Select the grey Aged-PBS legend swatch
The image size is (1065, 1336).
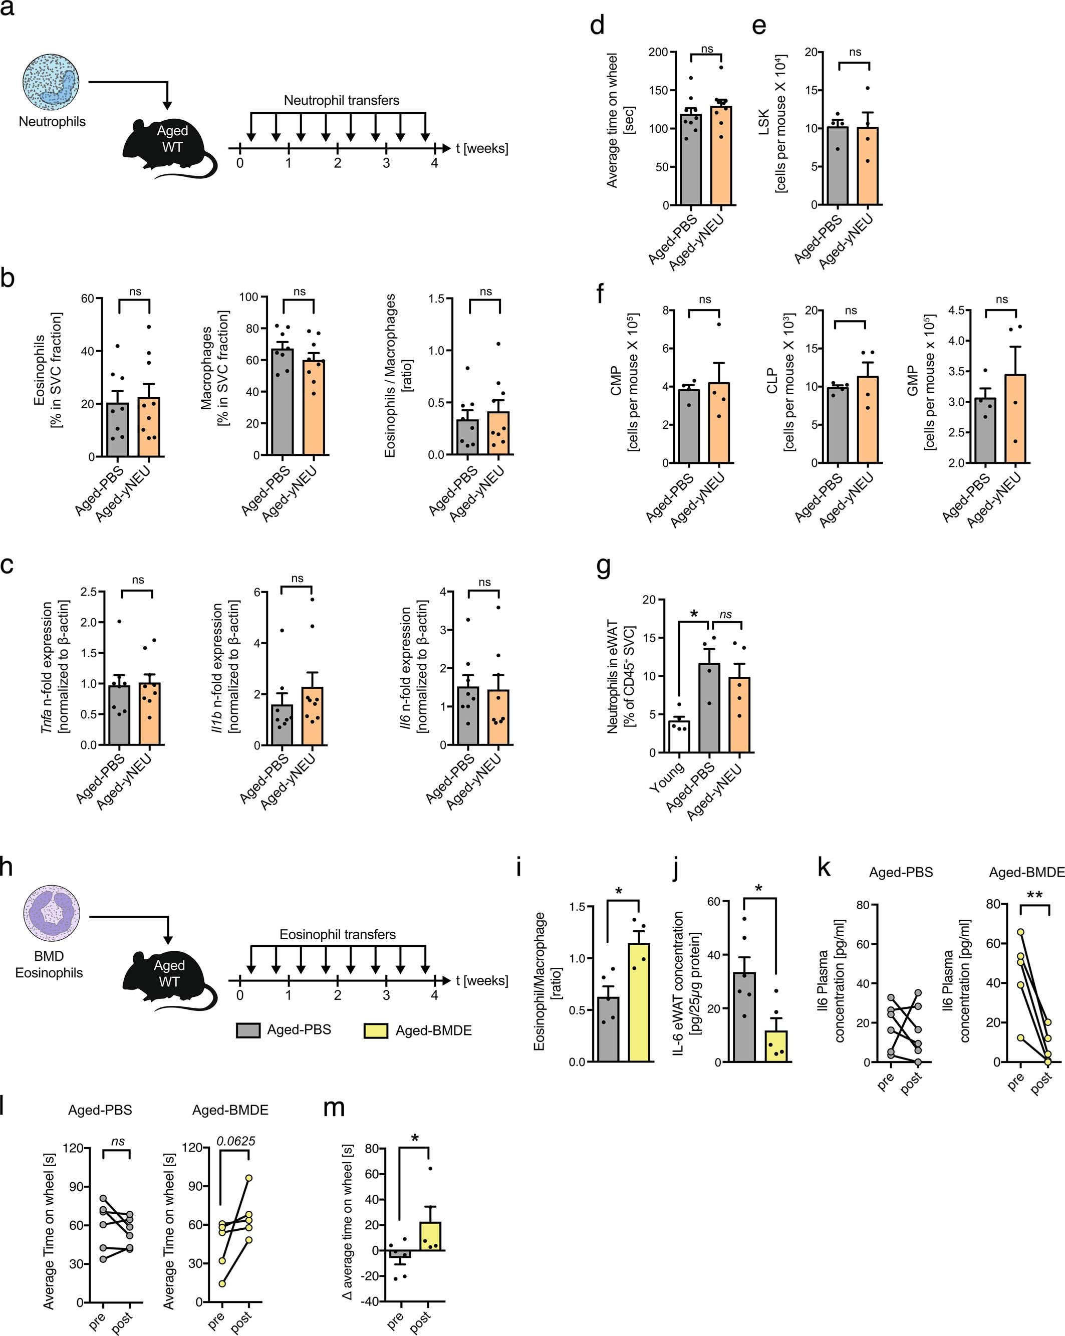pos(248,1030)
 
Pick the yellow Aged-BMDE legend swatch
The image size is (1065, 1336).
pos(375,1030)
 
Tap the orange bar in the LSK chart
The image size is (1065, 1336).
pos(867,166)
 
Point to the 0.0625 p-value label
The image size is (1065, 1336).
pos(235,1141)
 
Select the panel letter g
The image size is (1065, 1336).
pos(603,567)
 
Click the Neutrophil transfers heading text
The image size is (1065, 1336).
pos(341,100)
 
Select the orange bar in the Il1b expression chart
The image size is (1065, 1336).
pos(312,716)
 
